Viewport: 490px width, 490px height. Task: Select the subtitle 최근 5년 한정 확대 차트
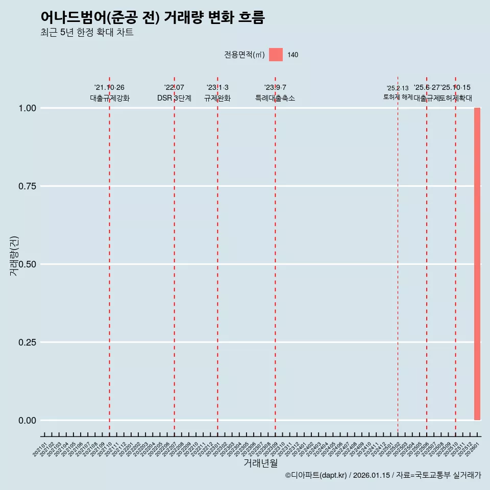(87, 33)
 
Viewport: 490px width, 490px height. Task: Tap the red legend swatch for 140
(276, 55)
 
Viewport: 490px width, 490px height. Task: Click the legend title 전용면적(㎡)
(244, 55)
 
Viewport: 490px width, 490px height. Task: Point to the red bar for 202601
(477, 264)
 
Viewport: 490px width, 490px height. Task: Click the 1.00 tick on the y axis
(27, 108)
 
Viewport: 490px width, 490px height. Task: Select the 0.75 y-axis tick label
(27, 186)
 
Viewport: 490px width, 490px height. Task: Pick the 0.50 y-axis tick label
(27, 264)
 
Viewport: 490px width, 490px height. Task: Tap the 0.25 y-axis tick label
(27, 342)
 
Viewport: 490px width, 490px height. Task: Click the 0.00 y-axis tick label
(27, 421)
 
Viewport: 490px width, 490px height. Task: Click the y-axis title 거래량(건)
(14, 256)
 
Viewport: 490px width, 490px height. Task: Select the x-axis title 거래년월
(260, 463)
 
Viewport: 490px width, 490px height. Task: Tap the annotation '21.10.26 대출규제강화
(110, 93)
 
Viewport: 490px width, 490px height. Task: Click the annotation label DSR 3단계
(174, 99)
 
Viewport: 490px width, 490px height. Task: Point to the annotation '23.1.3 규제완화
(217, 93)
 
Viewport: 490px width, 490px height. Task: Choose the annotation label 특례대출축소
(275, 99)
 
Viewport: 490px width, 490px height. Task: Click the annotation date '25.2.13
(398, 88)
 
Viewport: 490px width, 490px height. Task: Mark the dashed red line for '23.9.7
(275, 255)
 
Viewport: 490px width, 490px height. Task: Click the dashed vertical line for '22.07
(174, 255)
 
